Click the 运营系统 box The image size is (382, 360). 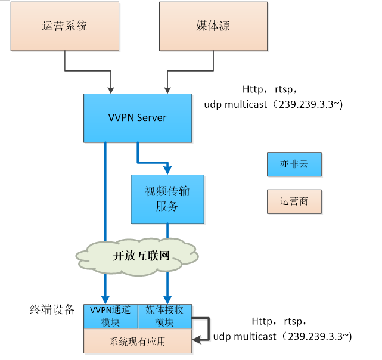[x=64, y=26]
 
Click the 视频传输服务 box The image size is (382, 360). [x=167, y=199]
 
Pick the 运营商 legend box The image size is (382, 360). [x=294, y=201]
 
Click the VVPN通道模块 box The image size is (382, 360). [x=111, y=316]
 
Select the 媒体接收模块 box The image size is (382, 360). [x=164, y=316]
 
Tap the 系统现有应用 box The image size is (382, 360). [x=138, y=341]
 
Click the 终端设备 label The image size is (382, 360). [x=52, y=309]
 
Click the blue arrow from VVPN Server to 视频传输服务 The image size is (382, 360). [x=154, y=161]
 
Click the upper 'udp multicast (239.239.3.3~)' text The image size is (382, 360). [x=274, y=104]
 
